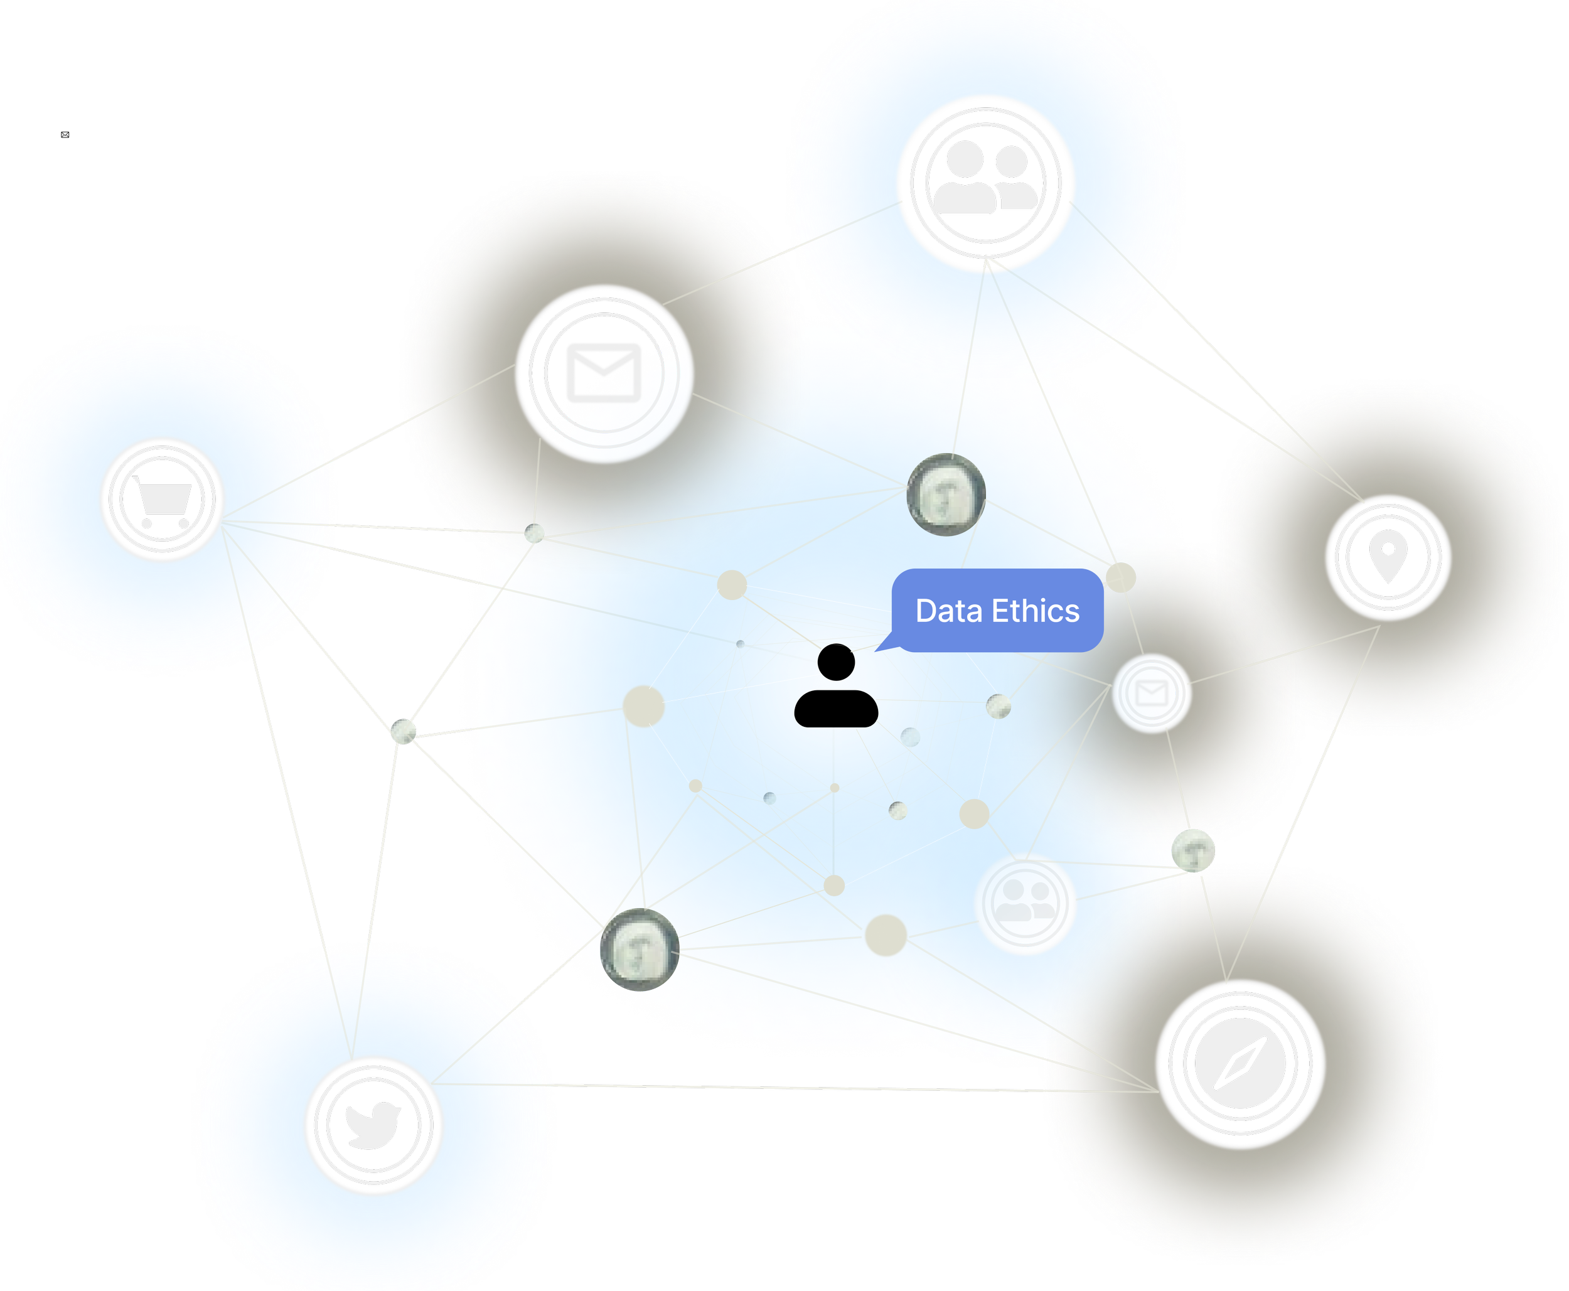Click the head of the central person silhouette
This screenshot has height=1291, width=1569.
pyautogui.click(x=836, y=661)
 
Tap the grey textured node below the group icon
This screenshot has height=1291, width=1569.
pyautogui.click(x=946, y=494)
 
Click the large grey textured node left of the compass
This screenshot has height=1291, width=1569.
pyautogui.click(x=639, y=949)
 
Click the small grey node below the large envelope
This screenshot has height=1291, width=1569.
pyautogui.click(x=534, y=533)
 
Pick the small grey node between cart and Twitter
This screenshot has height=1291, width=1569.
pyautogui.click(x=403, y=731)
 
